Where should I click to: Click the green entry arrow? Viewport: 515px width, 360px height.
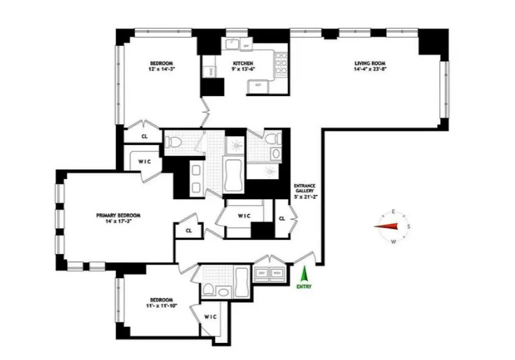304,274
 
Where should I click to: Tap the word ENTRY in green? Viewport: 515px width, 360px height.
304,286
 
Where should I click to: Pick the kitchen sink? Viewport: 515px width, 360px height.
232,44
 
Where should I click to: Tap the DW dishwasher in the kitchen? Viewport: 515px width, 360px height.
246,45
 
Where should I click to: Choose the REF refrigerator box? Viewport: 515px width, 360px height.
258,85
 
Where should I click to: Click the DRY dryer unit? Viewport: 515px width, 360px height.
261,272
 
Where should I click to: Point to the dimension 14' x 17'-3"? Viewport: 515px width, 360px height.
118,221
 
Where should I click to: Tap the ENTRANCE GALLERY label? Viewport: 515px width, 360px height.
304,189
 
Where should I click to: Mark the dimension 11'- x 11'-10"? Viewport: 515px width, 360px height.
161,305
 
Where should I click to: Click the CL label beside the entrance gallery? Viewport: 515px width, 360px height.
282,218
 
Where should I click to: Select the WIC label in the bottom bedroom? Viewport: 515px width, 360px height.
210,317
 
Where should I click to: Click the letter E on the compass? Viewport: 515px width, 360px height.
394,211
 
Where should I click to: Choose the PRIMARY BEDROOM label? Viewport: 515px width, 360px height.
118,215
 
